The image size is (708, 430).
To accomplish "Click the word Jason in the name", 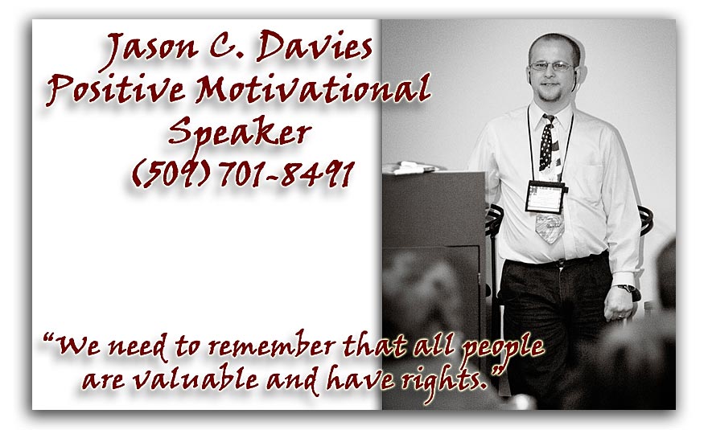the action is pyautogui.click(x=150, y=50).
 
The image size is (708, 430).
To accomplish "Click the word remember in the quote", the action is pyautogui.click(x=272, y=346).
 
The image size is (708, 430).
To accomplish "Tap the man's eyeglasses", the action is pyautogui.click(x=552, y=66).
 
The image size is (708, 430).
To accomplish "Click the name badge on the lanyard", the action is pyautogui.click(x=545, y=197).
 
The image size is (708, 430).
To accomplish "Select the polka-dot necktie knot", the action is pyautogui.click(x=549, y=120).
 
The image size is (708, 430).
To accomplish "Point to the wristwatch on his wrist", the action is pyautogui.click(x=627, y=289).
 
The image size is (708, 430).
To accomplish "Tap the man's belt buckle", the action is pyautogui.click(x=560, y=263).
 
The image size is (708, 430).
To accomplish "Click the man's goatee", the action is pyautogui.click(x=550, y=94).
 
